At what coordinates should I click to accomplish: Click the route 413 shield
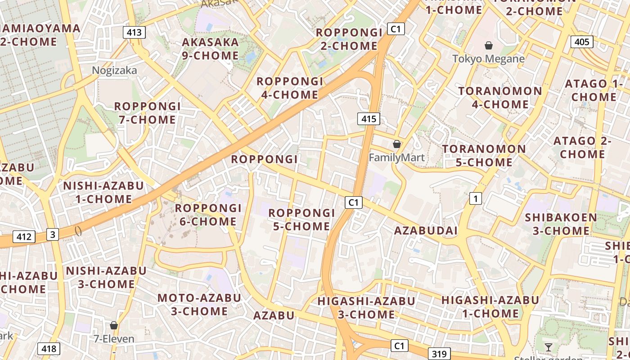click(x=134, y=32)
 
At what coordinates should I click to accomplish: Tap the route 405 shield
click(x=582, y=42)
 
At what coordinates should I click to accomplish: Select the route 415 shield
click(x=369, y=119)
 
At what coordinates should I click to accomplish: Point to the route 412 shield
click(x=23, y=237)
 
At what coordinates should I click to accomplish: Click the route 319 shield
click(x=438, y=354)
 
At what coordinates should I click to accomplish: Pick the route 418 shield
click(x=48, y=348)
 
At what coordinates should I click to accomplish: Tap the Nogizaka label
click(x=114, y=70)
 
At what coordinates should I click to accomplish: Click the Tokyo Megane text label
click(x=488, y=59)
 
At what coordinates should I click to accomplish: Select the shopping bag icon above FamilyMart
click(x=396, y=144)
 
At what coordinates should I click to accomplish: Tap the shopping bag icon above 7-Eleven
click(x=113, y=325)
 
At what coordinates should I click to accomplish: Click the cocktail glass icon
click(x=548, y=347)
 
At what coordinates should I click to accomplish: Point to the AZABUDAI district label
click(x=426, y=231)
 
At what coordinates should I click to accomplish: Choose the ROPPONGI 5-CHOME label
click(x=302, y=219)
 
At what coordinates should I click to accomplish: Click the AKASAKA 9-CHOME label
click(x=210, y=49)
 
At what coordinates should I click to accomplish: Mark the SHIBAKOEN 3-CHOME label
click(x=561, y=224)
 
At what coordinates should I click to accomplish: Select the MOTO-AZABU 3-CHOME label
click(x=199, y=304)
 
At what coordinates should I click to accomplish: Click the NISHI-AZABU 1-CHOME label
click(x=103, y=192)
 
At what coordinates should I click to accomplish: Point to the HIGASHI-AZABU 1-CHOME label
click(x=490, y=306)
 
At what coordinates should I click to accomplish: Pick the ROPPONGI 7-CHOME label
click(x=147, y=113)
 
